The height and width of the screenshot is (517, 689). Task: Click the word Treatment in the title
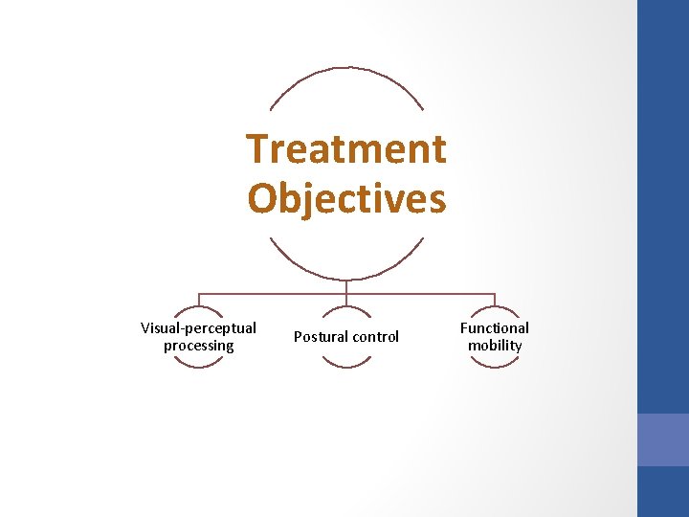point(346,149)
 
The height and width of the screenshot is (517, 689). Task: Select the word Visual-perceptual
point(198,328)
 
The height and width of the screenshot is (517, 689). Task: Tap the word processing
point(198,346)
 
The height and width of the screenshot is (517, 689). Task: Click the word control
point(376,337)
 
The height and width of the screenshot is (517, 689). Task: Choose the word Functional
point(494,328)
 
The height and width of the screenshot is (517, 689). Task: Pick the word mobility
point(495,346)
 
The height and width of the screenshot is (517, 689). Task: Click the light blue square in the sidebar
point(663,439)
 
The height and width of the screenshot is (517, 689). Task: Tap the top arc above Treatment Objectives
point(346,69)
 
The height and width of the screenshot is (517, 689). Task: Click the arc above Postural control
point(346,307)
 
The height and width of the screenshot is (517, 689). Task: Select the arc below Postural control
point(346,366)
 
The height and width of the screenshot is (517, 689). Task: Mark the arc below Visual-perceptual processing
point(198,366)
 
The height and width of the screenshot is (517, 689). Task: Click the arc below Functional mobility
point(495,366)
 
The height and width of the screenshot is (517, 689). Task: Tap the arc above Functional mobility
point(495,307)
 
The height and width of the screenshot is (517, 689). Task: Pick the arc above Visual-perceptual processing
point(198,307)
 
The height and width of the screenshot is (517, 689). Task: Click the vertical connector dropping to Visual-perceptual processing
point(198,300)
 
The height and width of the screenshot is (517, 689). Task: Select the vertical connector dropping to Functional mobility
point(495,300)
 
